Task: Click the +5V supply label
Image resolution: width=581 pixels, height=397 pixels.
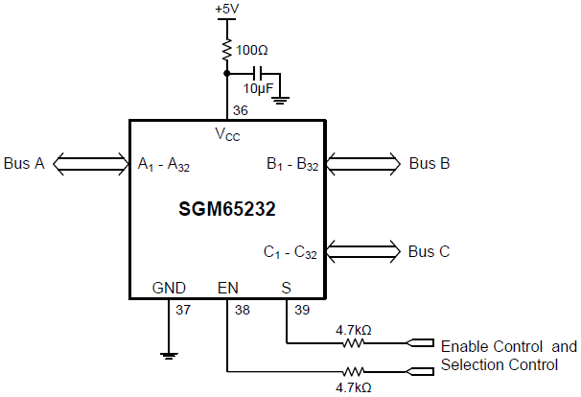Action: [x=226, y=9]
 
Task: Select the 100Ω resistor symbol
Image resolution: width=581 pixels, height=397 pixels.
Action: [x=226, y=49]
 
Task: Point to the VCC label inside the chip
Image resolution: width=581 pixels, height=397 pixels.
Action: [x=227, y=134]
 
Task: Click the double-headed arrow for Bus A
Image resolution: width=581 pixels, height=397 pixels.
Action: [x=91, y=164]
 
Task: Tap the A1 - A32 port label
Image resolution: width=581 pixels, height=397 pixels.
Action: [x=164, y=165]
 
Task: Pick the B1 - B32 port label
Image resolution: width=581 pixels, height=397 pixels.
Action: [x=292, y=165]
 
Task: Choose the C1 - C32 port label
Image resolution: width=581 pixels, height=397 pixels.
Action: [x=290, y=253]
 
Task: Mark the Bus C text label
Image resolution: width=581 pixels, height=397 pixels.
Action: [x=430, y=252]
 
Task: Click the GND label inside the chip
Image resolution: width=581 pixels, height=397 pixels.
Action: [x=169, y=287]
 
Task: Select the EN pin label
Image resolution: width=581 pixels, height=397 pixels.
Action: [x=228, y=287]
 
